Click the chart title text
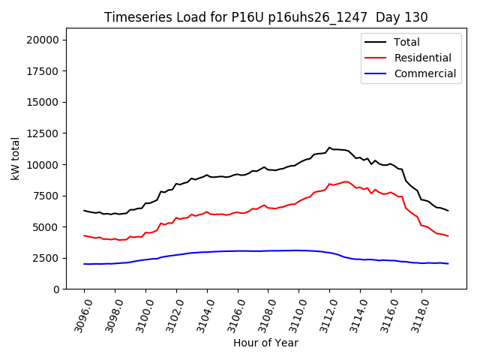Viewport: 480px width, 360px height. coord(265,17)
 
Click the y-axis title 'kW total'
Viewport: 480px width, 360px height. coord(16,158)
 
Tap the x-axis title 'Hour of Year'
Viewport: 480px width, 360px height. coord(265,343)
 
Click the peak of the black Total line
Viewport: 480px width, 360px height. coord(329,148)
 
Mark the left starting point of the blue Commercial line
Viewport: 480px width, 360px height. coord(84,264)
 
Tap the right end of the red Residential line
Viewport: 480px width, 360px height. coord(448,236)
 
